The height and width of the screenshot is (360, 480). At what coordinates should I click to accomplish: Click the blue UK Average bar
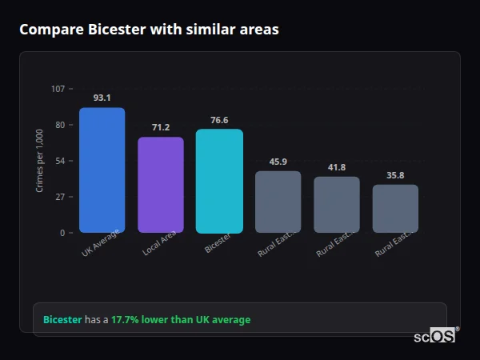click(x=102, y=170)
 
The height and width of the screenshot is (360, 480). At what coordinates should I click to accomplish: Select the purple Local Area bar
click(x=161, y=185)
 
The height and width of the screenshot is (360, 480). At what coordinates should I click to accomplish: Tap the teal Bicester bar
click(x=219, y=181)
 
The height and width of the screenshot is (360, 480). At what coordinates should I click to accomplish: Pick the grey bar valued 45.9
click(x=278, y=202)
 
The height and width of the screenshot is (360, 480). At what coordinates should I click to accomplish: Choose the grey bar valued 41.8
click(x=337, y=205)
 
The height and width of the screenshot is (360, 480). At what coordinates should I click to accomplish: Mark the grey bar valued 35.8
click(x=395, y=209)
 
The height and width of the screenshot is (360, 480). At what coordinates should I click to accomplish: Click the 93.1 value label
click(x=102, y=98)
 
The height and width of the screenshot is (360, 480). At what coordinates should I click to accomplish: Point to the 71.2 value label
click(x=161, y=127)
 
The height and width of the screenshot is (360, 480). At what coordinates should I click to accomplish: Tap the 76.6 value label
click(x=219, y=120)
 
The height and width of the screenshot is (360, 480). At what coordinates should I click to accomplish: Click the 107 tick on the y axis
click(x=58, y=89)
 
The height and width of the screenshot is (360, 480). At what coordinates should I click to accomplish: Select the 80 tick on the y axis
click(x=59, y=125)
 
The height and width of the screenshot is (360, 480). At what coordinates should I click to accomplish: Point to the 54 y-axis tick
click(x=59, y=161)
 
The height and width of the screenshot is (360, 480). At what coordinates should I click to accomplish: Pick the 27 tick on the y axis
click(x=59, y=197)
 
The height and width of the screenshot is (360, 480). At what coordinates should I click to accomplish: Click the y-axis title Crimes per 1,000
click(x=40, y=161)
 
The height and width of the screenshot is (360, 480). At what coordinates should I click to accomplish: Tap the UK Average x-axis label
click(x=101, y=243)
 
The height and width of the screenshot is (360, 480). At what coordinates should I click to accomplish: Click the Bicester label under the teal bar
click(x=218, y=242)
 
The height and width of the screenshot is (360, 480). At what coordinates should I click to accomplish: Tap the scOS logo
click(x=435, y=336)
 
